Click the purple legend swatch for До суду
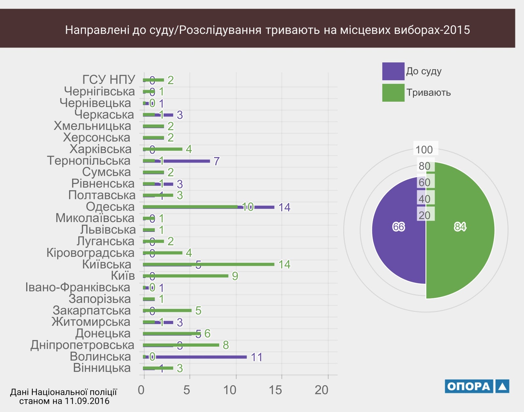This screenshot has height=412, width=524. pos(393,71)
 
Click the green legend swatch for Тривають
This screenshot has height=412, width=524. pos(393,93)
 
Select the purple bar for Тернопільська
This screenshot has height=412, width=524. pos(190,161)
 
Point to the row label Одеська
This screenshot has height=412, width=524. pos(110,207)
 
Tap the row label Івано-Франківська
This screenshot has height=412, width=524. pos(78,287)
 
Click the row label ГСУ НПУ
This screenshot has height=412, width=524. pos(108,79)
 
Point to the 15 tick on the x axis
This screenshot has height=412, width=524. pos(275,390)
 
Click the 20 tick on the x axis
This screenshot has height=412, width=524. pos(321,390)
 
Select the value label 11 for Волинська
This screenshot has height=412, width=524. pos(256,357)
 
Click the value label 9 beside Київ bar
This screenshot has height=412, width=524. pos(235,276)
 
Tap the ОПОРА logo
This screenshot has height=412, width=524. pos(477,386)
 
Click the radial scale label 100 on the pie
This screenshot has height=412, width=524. pos(424,150)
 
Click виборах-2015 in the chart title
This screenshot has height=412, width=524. pos(432,30)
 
